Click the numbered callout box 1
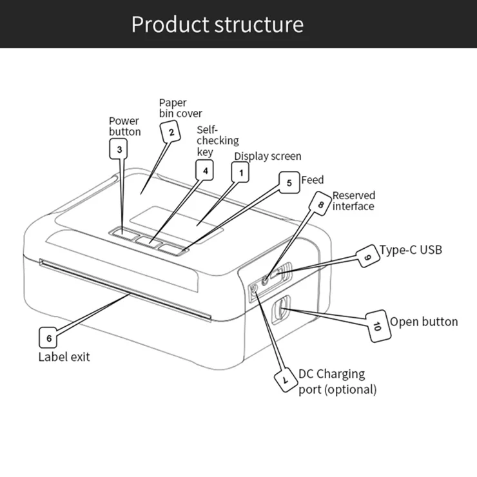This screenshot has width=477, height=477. coord(241,172)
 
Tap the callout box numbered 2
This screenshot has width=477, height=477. coord(171,133)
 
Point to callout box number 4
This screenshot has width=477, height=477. coord(205,170)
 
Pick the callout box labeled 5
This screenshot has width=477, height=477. coord(289,182)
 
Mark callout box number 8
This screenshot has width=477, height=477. coord(320,202)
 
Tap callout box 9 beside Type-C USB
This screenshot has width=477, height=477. coord(367,258)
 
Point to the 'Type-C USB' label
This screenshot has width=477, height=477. coord(411,250)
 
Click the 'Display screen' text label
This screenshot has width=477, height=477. coord(268,156)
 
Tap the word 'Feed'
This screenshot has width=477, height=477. coord(313,180)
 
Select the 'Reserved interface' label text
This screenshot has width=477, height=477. coord(353,200)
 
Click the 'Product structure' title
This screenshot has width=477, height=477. coord(217,24)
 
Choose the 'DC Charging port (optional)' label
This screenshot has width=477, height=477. coord(337,382)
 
